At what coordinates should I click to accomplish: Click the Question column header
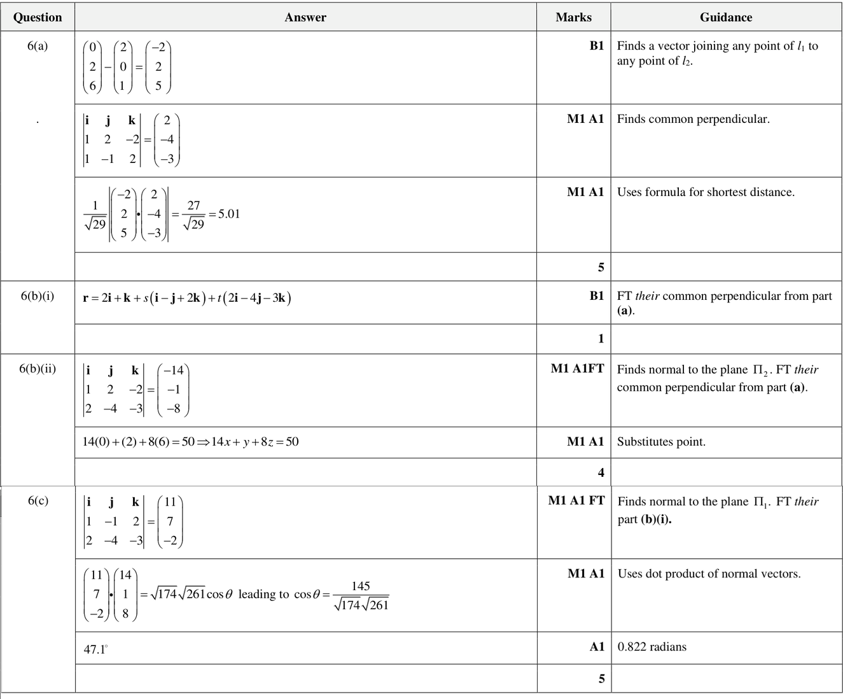point(38,17)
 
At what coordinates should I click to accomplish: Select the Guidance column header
point(726,17)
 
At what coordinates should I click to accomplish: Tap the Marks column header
point(573,17)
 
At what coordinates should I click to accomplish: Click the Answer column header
point(305,17)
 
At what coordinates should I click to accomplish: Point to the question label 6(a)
point(38,46)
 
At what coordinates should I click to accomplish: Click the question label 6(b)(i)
point(38,296)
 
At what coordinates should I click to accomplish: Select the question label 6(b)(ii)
point(38,369)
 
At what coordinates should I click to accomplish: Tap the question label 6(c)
point(38,500)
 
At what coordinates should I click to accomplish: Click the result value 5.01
point(229,214)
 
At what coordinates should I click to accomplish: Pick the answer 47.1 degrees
point(95,649)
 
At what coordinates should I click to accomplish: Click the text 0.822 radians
point(652,647)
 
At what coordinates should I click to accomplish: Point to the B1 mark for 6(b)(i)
point(596,296)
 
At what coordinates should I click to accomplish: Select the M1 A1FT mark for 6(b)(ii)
point(577,369)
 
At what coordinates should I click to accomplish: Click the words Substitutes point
point(661,442)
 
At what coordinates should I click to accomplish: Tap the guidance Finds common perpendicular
point(693,119)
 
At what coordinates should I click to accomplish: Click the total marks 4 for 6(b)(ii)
point(601,472)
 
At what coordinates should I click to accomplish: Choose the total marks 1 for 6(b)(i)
point(601,339)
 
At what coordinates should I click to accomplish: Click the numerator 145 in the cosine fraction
point(361,586)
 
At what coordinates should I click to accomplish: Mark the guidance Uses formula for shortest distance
point(706,192)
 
